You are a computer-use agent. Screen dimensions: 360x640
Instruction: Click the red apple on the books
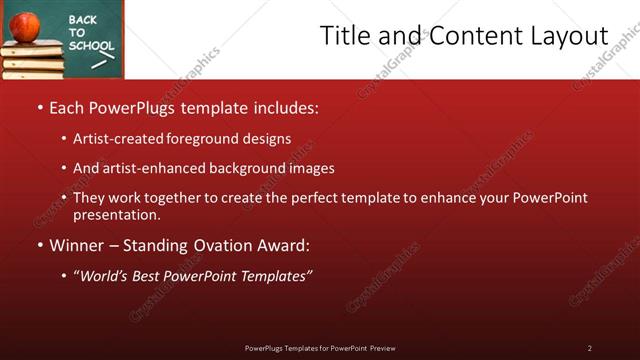point(26,25)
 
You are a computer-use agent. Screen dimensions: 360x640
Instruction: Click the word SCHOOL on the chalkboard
point(92,46)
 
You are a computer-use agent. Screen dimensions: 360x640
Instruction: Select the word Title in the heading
point(343,36)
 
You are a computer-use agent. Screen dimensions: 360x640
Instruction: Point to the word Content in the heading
point(468,36)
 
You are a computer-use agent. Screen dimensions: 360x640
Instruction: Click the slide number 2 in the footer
point(590,348)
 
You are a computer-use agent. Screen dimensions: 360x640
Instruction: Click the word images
point(308,168)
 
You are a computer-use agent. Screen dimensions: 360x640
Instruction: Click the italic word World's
point(108,275)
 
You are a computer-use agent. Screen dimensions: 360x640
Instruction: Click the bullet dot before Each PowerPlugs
point(39,107)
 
